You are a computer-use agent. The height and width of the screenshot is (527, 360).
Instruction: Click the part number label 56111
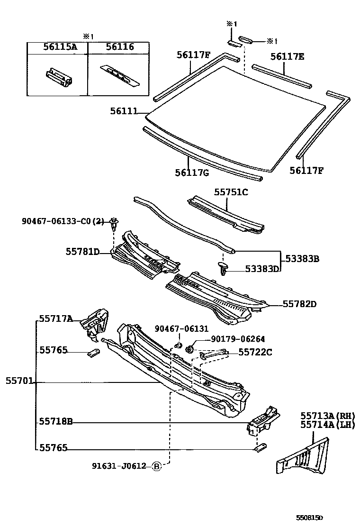tap(124, 111)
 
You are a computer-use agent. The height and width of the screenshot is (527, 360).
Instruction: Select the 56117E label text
tap(288, 57)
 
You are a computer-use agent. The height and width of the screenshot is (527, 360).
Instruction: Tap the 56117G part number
tap(192, 173)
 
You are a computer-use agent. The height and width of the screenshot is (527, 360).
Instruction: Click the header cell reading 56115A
tap(57, 47)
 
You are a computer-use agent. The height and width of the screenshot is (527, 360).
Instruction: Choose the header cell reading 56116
tap(119, 47)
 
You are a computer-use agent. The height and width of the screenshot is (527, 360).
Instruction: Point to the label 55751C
tap(231, 192)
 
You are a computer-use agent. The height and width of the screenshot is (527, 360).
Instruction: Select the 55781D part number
tap(82, 252)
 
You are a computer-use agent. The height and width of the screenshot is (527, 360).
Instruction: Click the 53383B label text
tap(302, 259)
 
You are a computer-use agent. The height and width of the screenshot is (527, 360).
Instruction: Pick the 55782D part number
tap(299, 304)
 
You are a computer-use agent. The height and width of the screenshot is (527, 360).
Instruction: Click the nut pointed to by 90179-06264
tap(189, 349)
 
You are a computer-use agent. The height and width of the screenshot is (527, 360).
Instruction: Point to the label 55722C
tap(255, 352)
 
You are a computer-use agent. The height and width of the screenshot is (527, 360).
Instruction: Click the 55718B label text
tap(55, 421)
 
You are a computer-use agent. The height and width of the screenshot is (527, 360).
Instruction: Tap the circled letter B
tap(157, 466)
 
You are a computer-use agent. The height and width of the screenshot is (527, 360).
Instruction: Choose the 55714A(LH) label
tap(327, 425)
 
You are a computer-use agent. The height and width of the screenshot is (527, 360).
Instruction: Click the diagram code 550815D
tap(310, 518)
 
